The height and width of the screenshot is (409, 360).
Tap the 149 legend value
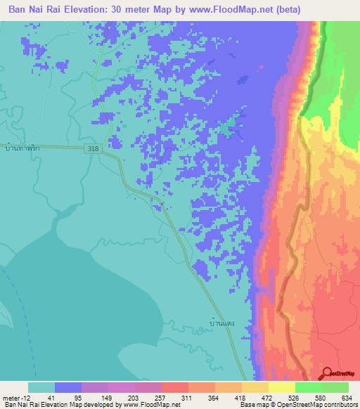(x=108, y=398)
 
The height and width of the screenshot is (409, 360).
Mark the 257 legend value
(x=161, y=398)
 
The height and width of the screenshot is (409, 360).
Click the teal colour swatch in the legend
(x=41, y=387)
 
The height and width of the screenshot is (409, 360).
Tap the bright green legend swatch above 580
(x=309, y=387)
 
